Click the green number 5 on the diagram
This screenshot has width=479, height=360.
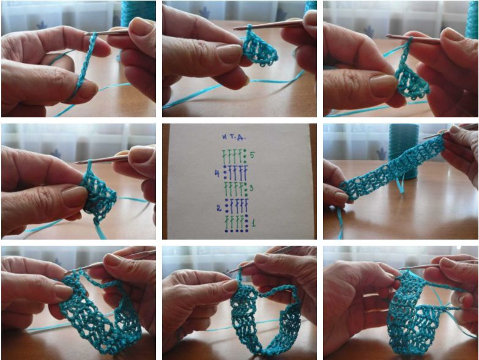[252, 155]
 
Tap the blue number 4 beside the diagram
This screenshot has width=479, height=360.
[217, 174]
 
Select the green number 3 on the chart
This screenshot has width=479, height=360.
[251, 188]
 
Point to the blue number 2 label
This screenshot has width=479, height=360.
[219, 208]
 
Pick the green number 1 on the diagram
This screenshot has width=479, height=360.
[253, 223]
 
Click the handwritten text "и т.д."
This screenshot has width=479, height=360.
[234, 137]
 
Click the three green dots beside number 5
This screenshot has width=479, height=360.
[245, 156]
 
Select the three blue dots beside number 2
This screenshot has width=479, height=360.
[227, 205]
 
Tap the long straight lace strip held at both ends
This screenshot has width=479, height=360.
[393, 167]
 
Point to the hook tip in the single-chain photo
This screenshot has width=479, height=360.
[86, 34]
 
